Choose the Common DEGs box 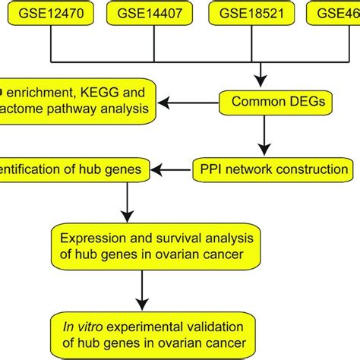point(261,99)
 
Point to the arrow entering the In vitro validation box point(141,292)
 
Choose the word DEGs point(284,99)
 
